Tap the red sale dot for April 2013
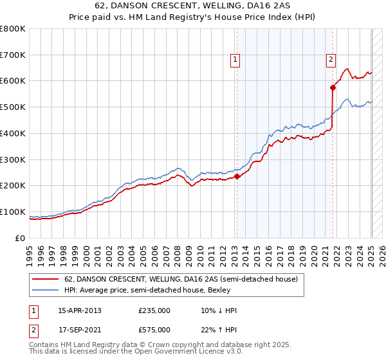coord(237,176)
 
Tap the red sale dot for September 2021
coord(333,87)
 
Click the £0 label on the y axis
coord(21,238)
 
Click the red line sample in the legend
coord(45,280)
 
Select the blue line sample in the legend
coord(45,291)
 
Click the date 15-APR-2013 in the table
coord(80,310)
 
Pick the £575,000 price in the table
coord(154,330)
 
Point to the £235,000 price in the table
coord(154,310)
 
